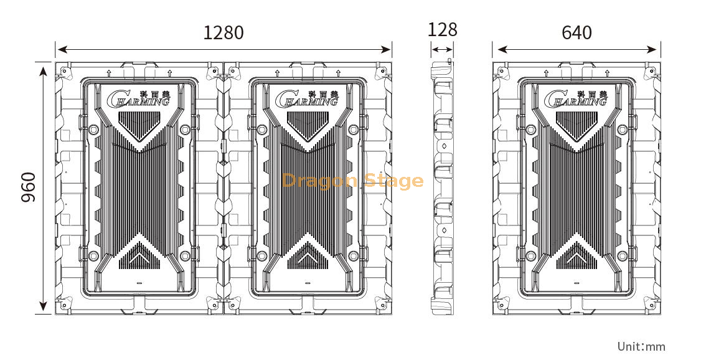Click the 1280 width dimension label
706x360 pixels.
[x=223, y=32]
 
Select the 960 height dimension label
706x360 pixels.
[x=28, y=187]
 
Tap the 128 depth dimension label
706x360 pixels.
[x=443, y=29]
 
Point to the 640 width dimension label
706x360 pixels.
[x=577, y=32]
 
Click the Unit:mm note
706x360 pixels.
[x=641, y=346]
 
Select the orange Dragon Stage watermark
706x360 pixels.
[x=352, y=181]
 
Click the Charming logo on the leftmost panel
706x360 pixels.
[x=138, y=98]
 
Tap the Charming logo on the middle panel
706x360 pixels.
[x=306, y=98]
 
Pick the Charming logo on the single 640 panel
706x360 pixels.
[x=575, y=98]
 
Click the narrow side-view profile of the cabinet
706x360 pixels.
[x=443, y=187]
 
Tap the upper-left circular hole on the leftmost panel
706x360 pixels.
[x=93, y=130]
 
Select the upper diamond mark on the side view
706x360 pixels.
[x=445, y=146]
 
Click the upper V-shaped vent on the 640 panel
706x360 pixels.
[x=575, y=125]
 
